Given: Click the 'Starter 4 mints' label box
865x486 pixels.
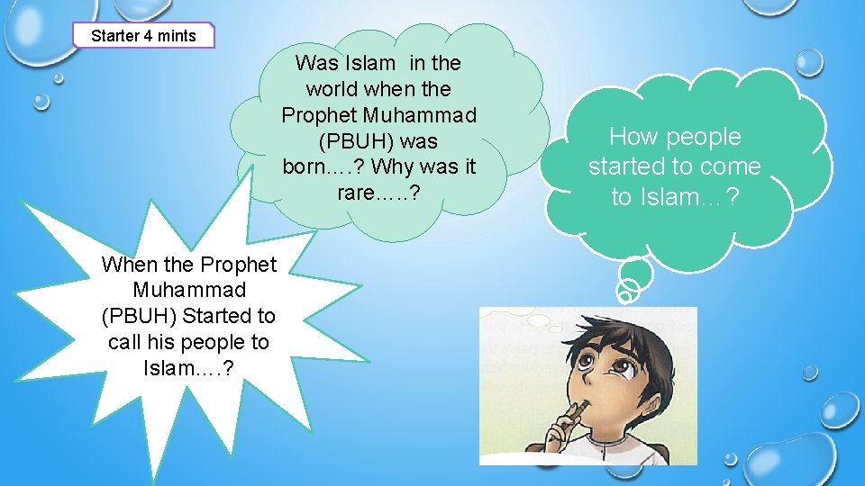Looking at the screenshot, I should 144,36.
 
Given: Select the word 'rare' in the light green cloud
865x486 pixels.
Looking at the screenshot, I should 357,193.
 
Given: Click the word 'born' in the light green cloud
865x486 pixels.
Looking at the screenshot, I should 306,167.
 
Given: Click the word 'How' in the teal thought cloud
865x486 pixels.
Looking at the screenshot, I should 631,137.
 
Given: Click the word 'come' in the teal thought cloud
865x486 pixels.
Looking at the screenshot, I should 730,166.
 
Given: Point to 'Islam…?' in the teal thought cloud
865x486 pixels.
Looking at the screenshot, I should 687,197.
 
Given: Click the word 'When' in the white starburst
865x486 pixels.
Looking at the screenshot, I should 130,265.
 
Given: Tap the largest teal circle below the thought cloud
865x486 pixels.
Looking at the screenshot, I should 636,272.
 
